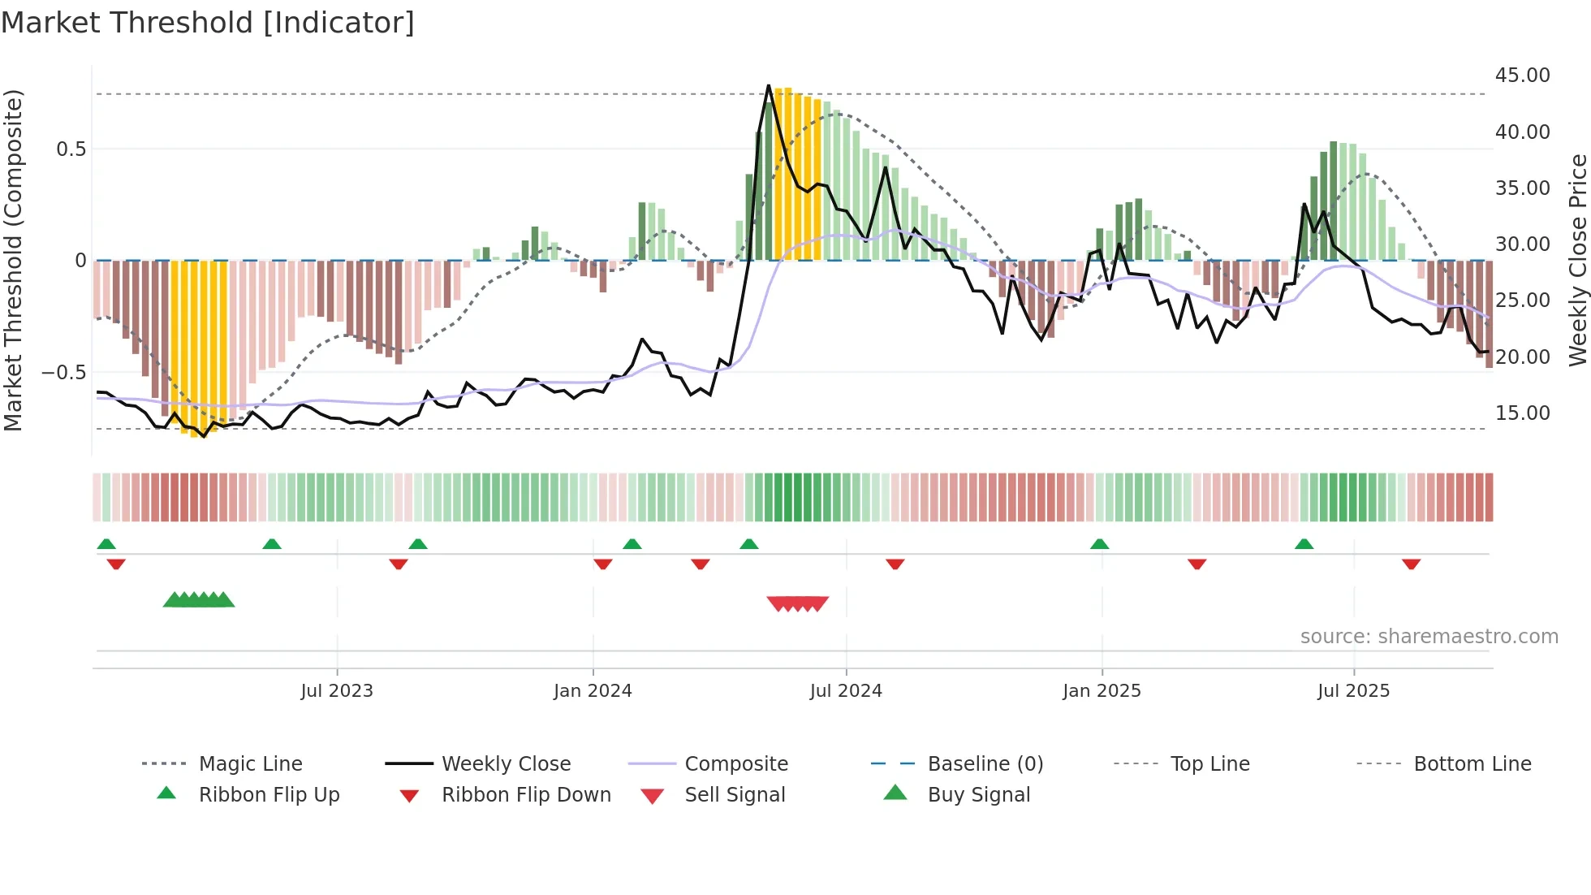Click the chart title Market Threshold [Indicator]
coord(208,23)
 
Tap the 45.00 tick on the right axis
coord(1522,76)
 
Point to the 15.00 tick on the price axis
coord(1522,413)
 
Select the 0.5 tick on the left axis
coord(71,149)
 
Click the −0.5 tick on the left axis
coord(64,373)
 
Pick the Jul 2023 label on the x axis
coord(336,691)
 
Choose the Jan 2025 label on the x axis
coord(1102,691)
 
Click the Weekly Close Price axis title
coord(1577,260)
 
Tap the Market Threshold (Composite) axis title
coord(13,260)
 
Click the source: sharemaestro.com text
coord(1429,637)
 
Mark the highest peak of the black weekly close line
coord(769,85)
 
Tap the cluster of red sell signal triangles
coord(798,603)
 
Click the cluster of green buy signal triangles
coord(199,600)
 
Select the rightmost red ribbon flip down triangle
coord(1411,564)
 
